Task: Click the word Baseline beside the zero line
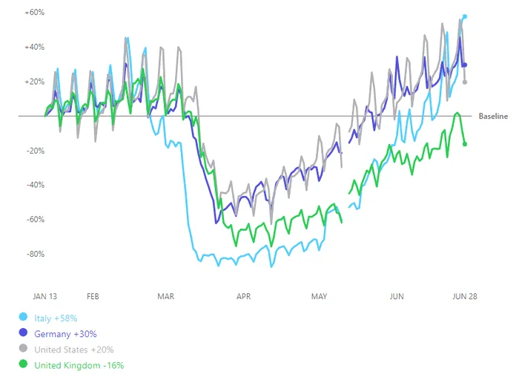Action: tap(493, 117)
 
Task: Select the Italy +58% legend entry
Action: tap(56, 318)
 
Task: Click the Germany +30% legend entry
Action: tap(66, 334)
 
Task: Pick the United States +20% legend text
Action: tap(74, 350)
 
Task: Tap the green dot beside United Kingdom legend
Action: tap(23, 365)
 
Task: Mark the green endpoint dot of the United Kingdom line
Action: tap(465, 144)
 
